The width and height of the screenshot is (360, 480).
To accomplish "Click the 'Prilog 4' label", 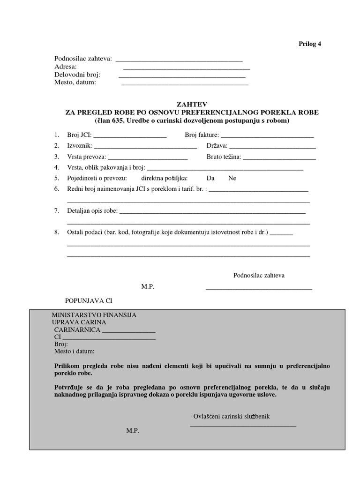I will click(x=310, y=44).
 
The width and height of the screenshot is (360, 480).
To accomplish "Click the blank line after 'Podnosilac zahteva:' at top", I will click(x=179, y=60).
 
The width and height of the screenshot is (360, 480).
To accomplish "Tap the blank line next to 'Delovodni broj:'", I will click(x=182, y=76).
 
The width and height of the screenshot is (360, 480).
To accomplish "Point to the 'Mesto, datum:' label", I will click(x=75, y=82).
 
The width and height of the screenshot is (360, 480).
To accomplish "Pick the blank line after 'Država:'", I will click(x=272, y=148).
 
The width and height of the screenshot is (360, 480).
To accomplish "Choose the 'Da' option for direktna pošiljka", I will click(x=210, y=178).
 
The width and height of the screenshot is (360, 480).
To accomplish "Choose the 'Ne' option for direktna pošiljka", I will click(x=232, y=178).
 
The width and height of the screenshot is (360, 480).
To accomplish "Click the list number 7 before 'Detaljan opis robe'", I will click(x=56, y=211).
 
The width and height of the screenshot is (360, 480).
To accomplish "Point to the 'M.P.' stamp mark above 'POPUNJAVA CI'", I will click(x=148, y=286).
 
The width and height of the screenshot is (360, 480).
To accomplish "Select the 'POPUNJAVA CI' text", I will click(x=89, y=300).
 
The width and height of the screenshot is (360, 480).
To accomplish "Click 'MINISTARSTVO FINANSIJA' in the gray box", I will click(x=94, y=315).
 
